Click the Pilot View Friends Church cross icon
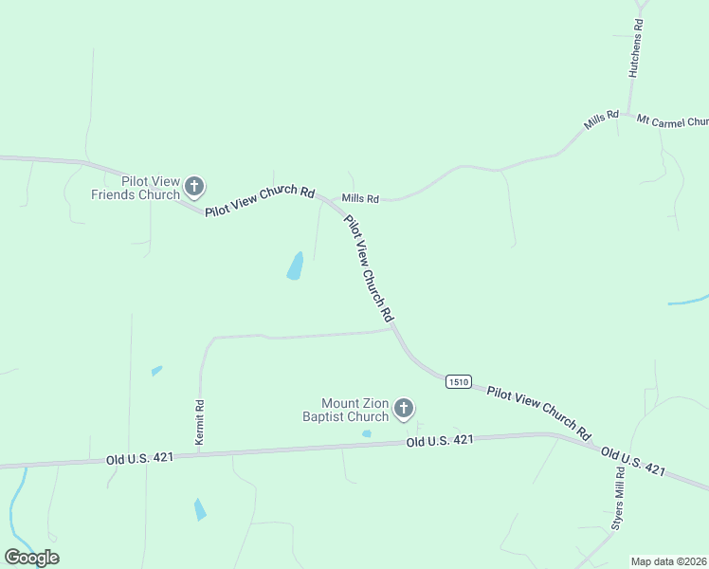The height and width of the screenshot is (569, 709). [x=194, y=186]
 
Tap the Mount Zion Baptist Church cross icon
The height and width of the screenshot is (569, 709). [x=404, y=409]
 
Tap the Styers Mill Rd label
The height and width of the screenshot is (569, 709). [x=617, y=501]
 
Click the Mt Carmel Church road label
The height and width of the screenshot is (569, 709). [x=672, y=121]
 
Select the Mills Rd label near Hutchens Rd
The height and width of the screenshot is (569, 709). [x=601, y=119]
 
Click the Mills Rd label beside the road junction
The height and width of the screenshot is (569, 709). [x=360, y=198]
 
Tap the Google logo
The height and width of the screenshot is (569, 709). [x=31, y=558]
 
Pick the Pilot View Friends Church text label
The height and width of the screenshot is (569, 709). [x=136, y=188]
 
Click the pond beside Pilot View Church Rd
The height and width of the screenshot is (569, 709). [x=295, y=266]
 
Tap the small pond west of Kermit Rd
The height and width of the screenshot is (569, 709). [x=156, y=371]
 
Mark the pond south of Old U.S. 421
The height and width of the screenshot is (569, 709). [x=199, y=509]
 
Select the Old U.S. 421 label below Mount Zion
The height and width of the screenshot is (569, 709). [x=440, y=441]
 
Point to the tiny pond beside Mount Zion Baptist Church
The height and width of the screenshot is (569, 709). [x=367, y=434]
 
